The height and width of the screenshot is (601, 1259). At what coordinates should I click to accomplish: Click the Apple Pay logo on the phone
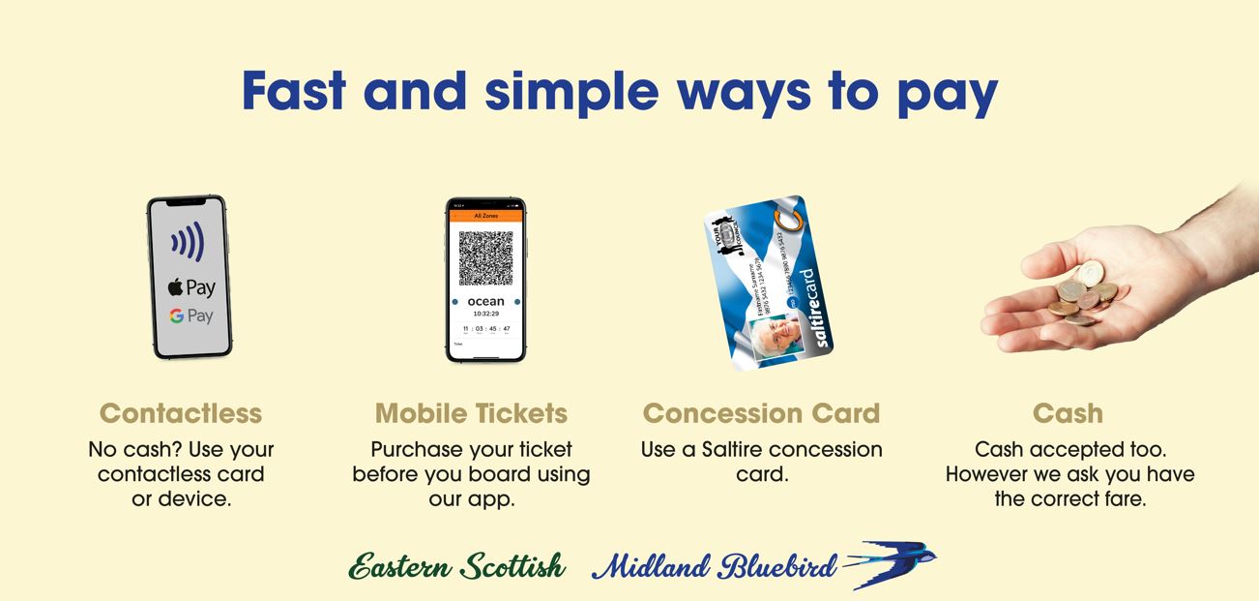click(191, 287)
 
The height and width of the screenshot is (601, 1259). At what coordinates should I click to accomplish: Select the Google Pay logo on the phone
click(190, 316)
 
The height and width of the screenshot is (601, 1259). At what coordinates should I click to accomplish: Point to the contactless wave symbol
click(188, 243)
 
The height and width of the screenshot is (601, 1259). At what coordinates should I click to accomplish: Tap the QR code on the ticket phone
click(485, 258)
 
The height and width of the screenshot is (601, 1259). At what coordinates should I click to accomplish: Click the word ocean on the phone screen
click(485, 302)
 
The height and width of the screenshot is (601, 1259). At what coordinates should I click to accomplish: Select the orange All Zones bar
click(485, 215)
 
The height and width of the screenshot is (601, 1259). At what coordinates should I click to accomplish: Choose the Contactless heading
click(181, 413)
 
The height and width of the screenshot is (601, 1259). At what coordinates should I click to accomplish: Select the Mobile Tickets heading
click(471, 413)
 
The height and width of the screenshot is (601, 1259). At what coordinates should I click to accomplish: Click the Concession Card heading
click(761, 413)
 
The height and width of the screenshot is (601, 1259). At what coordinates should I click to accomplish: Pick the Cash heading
click(1068, 413)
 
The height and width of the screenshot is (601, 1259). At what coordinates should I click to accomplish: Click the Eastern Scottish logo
click(456, 566)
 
